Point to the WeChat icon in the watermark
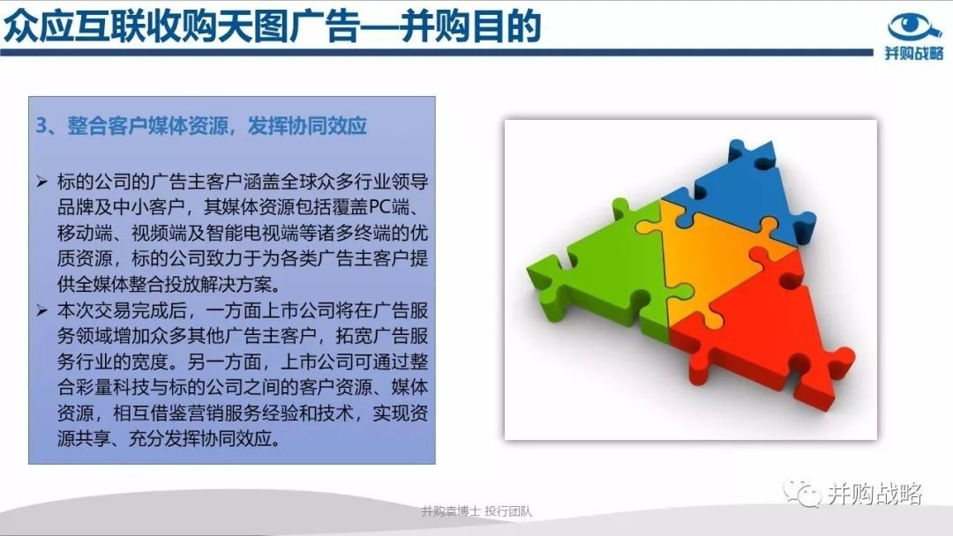(801, 492)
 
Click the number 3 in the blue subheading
(41, 126)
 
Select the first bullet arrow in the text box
(41, 182)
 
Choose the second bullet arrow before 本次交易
(41, 311)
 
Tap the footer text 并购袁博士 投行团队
(476, 511)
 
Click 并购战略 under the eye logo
(914, 53)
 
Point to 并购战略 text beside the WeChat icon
(874, 493)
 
